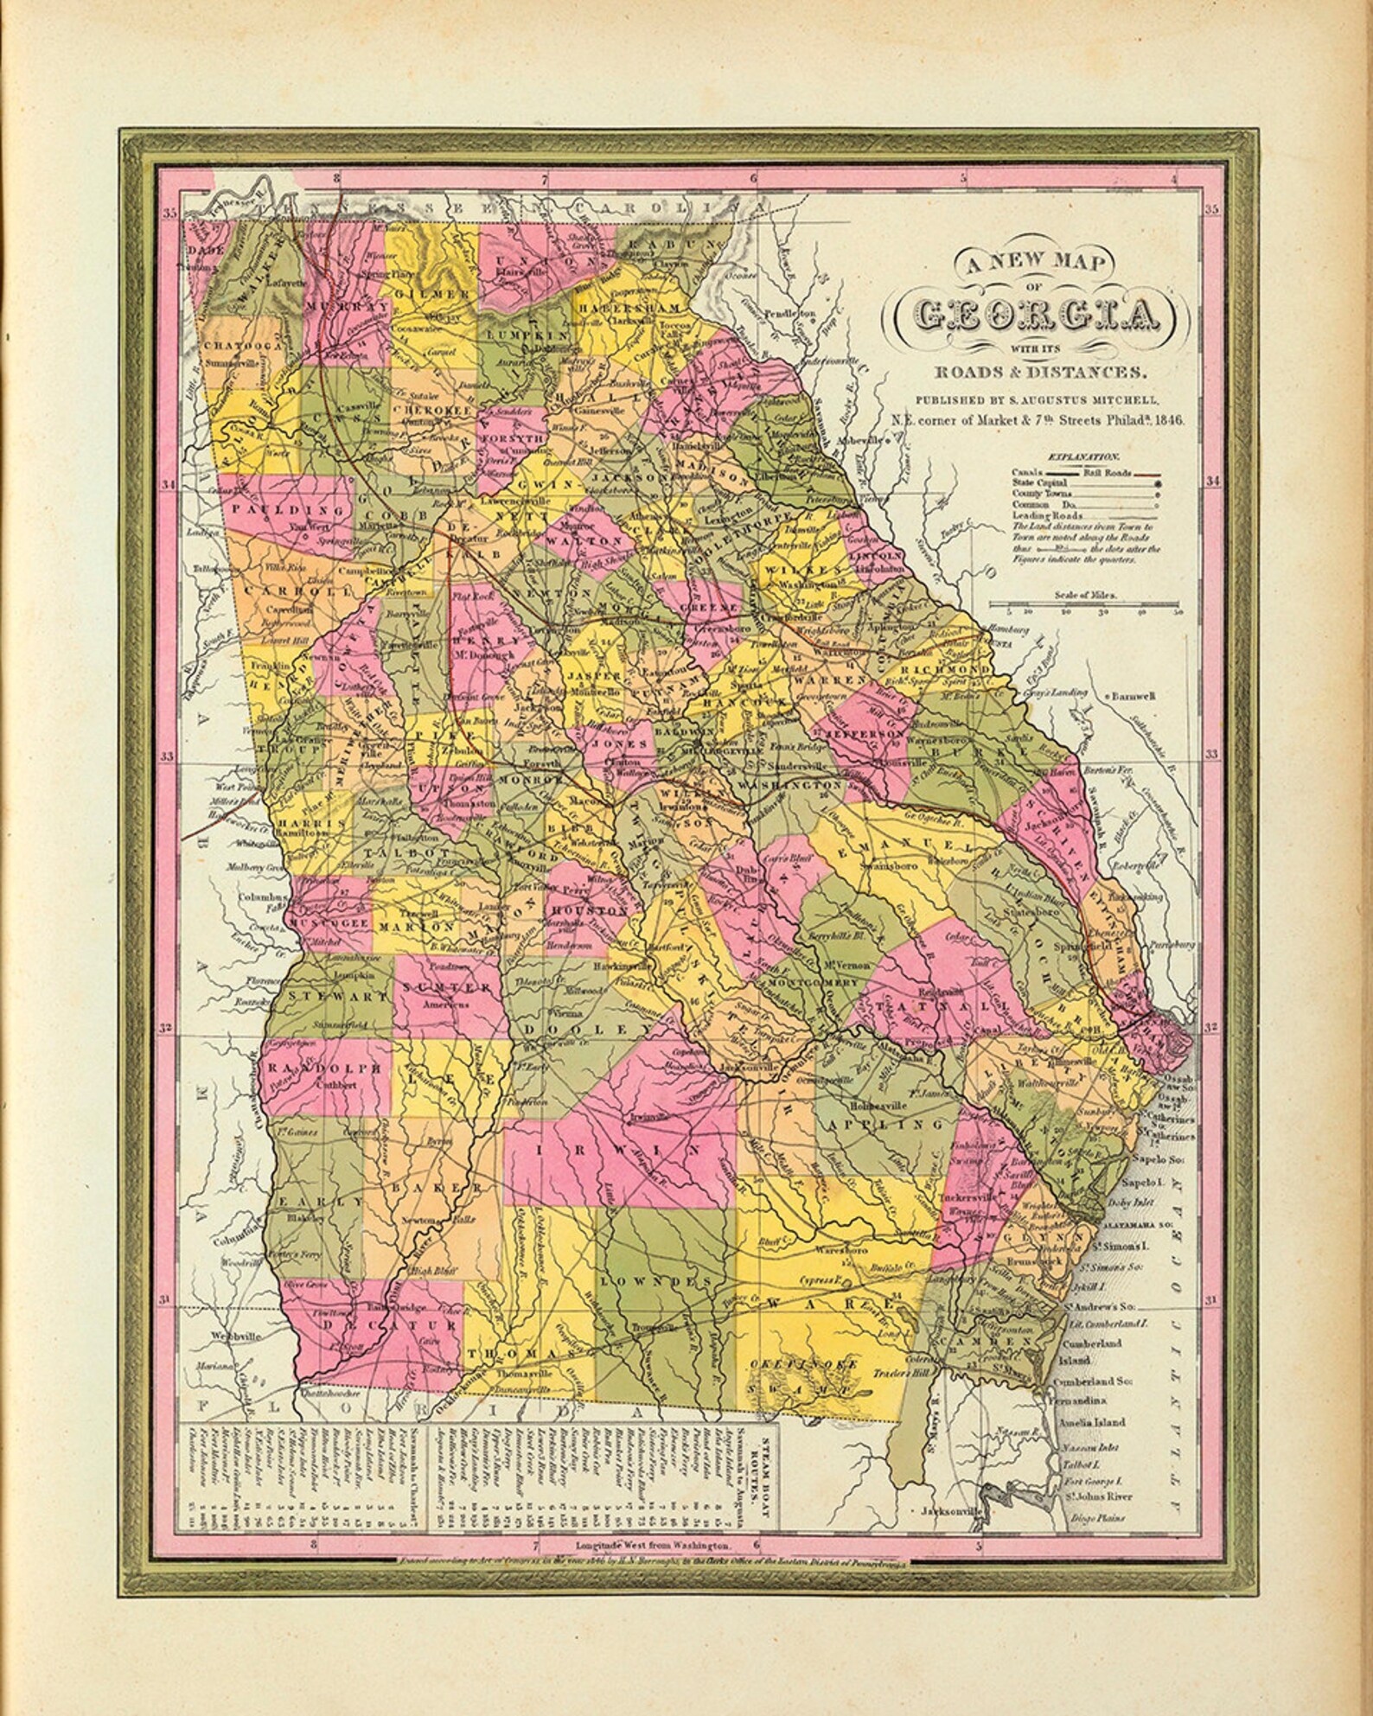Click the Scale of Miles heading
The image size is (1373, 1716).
coord(1084,596)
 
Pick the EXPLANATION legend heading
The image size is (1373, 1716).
coord(1083,456)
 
